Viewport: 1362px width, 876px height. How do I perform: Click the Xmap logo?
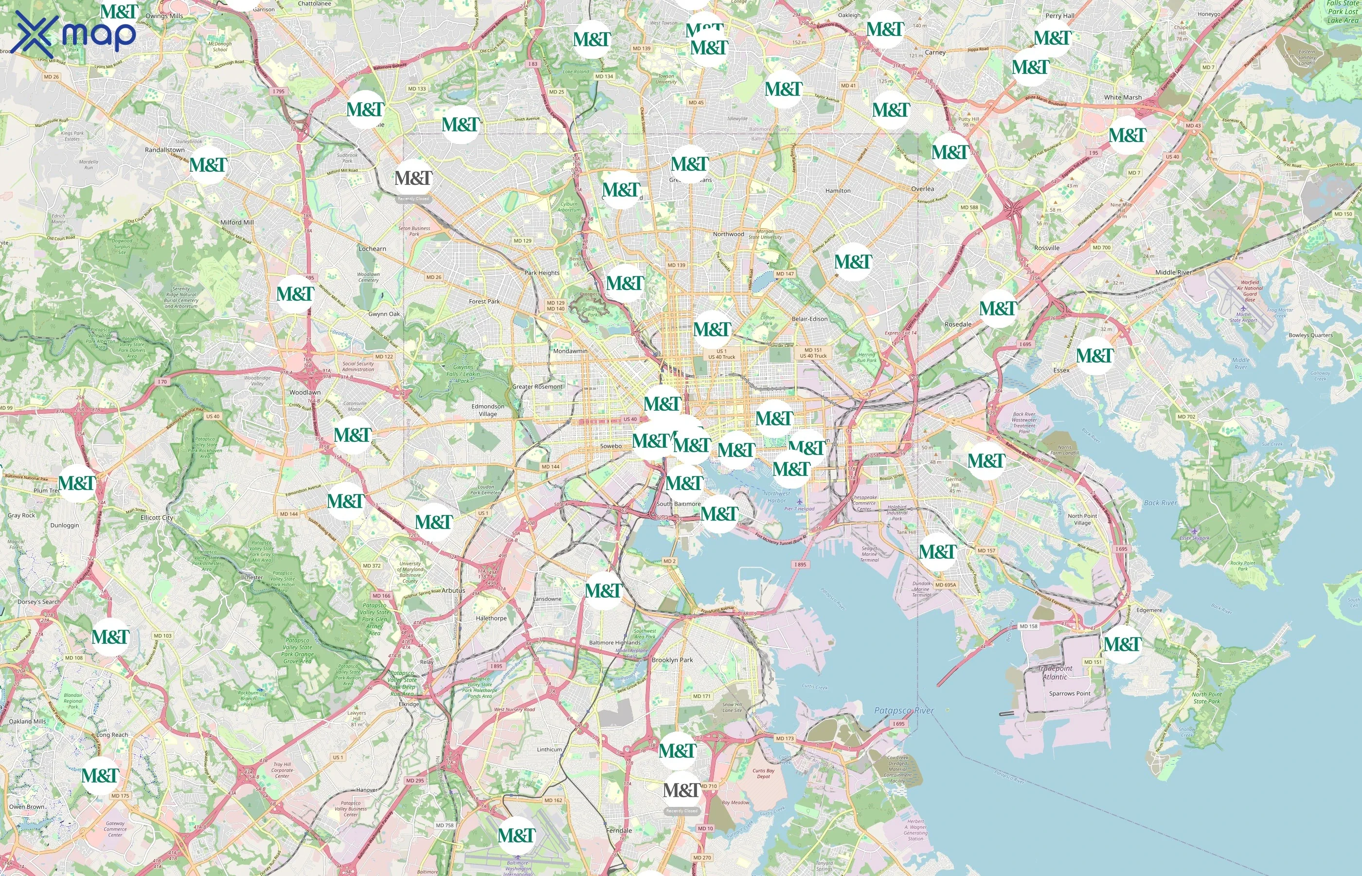[74, 33]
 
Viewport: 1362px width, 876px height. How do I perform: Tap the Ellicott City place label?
[157, 518]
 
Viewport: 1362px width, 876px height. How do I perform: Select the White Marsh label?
[1123, 97]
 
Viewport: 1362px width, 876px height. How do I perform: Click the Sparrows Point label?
[1069, 693]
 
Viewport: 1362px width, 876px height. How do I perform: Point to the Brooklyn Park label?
[672, 660]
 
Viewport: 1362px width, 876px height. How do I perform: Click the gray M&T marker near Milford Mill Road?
[413, 178]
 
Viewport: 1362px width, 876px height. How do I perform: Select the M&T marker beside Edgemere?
[1122, 644]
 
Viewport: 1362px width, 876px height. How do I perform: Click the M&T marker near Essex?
[1094, 356]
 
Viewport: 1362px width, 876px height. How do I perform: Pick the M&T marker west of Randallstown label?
[208, 165]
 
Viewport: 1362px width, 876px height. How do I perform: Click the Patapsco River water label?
[904, 711]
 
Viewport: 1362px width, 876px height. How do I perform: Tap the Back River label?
[1160, 503]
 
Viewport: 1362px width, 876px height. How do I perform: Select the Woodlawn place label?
[305, 392]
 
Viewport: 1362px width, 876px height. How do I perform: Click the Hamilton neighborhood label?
[838, 191]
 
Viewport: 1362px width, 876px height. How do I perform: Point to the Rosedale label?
[958, 324]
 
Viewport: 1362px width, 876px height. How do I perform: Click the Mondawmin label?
[570, 351]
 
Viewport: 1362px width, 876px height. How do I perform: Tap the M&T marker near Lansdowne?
[603, 590]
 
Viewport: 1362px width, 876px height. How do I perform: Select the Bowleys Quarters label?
[1310, 335]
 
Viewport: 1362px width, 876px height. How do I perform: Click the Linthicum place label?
[549, 749]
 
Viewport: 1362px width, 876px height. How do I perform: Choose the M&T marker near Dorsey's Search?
[110, 637]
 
